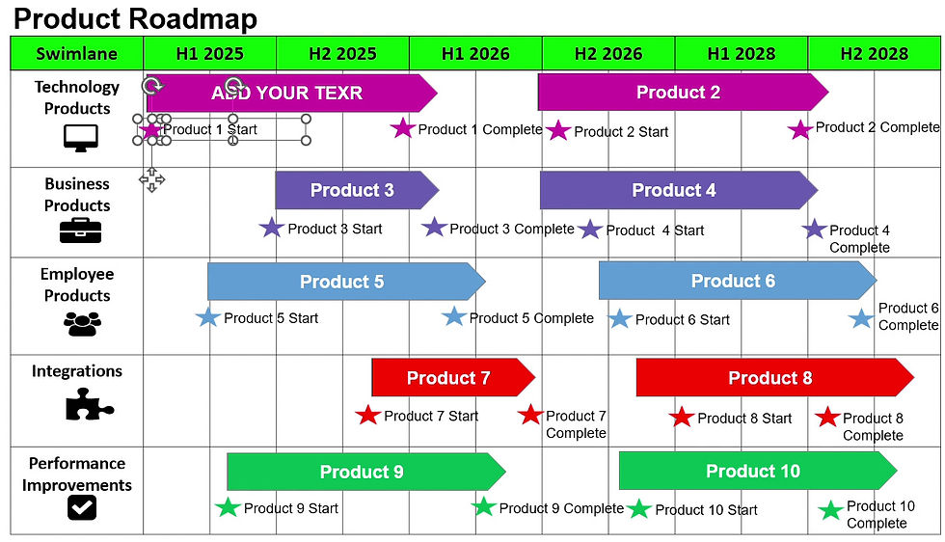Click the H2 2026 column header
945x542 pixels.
[x=607, y=54]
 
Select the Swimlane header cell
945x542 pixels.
[x=77, y=54]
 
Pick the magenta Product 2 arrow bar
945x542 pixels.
[x=680, y=93]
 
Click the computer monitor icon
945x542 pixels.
[x=80, y=139]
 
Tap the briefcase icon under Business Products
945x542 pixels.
[x=80, y=230]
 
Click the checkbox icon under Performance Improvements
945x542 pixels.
[x=82, y=506]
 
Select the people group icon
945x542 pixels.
[x=82, y=323]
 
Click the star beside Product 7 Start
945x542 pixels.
[x=367, y=416]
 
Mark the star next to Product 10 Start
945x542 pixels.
[x=639, y=509]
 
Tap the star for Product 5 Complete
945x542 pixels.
[x=454, y=316]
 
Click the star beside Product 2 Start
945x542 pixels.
[x=558, y=130]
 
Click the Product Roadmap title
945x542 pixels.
[x=135, y=17]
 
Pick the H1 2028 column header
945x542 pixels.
[x=741, y=54]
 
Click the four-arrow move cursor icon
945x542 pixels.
[x=152, y=178]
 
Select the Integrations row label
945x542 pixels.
[x=77, y=371]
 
